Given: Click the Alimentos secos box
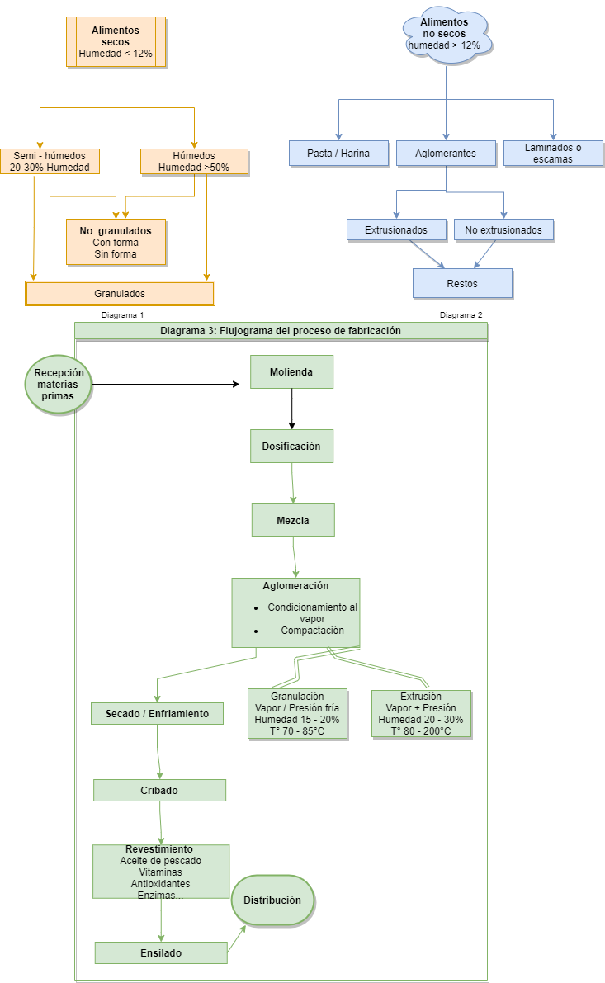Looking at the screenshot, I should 116,41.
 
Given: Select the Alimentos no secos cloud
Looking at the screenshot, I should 447,34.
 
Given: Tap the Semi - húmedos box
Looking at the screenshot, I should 50,161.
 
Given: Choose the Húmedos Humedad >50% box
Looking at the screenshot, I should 194,161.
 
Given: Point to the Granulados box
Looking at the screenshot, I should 121,293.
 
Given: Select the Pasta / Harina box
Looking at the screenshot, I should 338,153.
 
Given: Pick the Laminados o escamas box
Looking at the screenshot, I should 553,153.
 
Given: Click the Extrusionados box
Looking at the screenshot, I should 396,229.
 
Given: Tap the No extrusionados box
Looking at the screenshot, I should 503,229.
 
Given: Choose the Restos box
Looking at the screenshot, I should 462,283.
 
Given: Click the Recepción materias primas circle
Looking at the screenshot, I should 58,385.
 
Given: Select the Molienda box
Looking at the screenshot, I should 292,371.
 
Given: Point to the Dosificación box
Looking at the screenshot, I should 292,446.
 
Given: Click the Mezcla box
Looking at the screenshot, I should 293,520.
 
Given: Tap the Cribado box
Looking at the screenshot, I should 159,790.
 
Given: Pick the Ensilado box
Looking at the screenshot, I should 161,952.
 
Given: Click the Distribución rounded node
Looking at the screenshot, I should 272,900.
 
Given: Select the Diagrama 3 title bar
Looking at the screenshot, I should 281,330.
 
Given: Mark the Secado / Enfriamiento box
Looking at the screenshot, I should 157,713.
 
